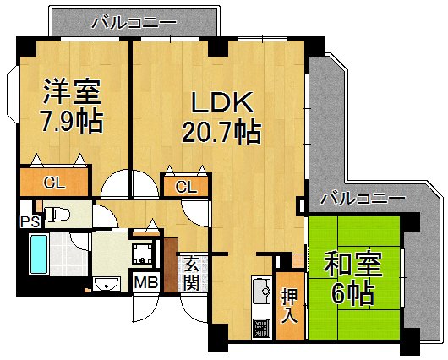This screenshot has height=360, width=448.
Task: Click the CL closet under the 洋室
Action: (53, 182)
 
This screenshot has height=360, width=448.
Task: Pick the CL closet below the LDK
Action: (187, 187)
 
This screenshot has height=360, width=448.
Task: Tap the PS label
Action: (28, 221)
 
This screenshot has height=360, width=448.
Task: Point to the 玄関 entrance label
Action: (192, 272)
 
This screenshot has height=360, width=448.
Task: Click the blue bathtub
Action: (40, 253)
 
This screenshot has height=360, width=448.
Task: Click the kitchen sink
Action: (260, 292)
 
